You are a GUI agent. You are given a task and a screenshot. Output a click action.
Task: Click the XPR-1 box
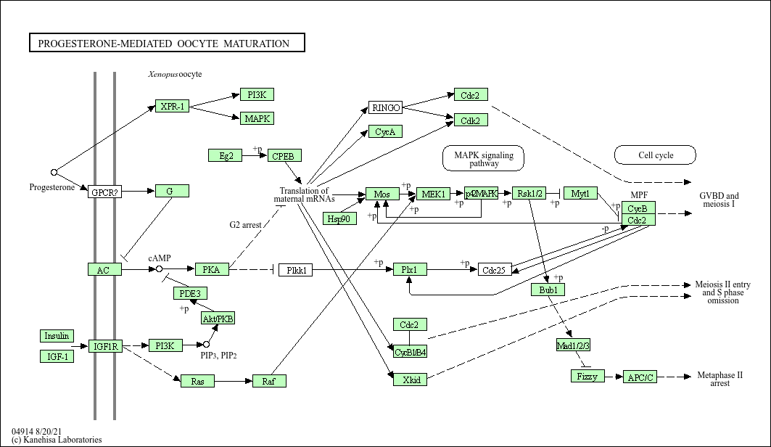pyautogui.click(x=172, y=107)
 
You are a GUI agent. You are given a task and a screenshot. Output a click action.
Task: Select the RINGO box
pyautogui.click(x=385, y=108)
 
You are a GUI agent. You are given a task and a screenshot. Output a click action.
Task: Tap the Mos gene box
pyautogui.click(x=382, y=194)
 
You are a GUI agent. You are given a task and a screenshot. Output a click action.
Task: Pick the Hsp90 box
pyautogui.click(x=339, y=218)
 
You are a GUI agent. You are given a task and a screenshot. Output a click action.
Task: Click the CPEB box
pyautogui.click(x=284, y=155)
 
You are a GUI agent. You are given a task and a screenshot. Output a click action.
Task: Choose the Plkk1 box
pyautogui.click(x=296, y=270)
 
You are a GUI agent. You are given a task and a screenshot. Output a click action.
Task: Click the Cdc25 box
pyautogui.click(x=495, y=270)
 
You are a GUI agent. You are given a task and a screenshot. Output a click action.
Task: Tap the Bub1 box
pyautogui.click(x=548, y=290)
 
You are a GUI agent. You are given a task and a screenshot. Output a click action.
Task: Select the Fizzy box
pyautogui.click(x=587, y=376)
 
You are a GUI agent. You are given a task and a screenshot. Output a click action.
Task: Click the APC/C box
pyautogui.click(x=640, y=377)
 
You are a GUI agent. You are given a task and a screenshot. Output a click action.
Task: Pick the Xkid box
pyautogui.click(x=410, y=379)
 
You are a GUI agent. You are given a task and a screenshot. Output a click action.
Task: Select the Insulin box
pyautogui.click(x=57, y=336)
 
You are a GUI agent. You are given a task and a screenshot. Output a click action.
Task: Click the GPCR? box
pyautogui.click(x=104, y=192)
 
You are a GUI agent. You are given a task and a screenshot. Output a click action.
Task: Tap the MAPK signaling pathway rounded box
pyautogui.click(x=483, y=158)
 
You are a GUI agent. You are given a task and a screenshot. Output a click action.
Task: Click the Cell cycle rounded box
pyautogui.click(x=655, y=155)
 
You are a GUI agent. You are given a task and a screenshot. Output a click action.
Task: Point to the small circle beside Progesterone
pyautogui.click(x=54, y=173)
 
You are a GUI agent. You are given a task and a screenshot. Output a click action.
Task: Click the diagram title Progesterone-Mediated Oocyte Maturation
pyautogui.click(x=167, y=44)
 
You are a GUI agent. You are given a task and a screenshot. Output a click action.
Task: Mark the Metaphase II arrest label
pyautogui.click(x=720, y=379)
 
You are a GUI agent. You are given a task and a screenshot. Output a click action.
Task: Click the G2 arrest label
pyautogui.click(x=245, y=225)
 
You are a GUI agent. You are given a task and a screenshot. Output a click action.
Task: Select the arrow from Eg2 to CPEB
pyautogui.click(x=255, y=155)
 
